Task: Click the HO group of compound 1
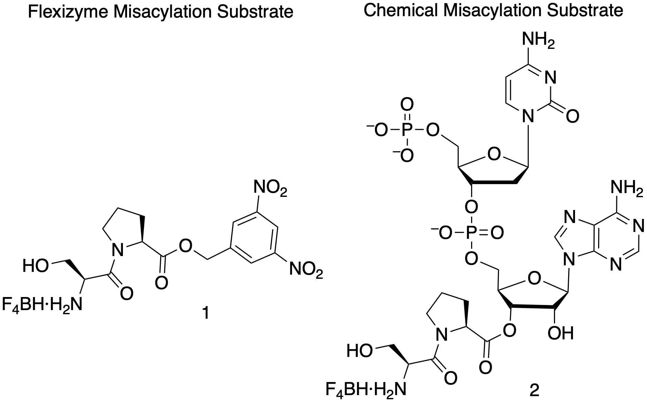(35, 266)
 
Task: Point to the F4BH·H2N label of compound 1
(42, 305)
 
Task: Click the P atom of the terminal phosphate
(407, 130)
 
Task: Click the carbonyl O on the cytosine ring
(572, 117)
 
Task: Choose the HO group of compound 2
(359, 351)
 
